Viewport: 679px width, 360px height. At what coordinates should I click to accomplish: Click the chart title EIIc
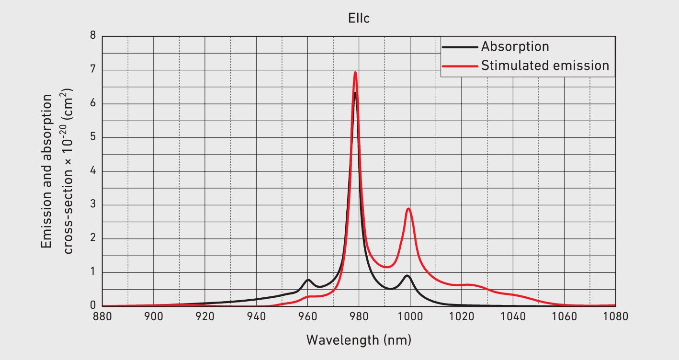tap(359, 19)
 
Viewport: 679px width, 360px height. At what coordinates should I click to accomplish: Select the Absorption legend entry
tap(515, 46)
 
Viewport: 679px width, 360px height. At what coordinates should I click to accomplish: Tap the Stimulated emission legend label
tap(545, 65)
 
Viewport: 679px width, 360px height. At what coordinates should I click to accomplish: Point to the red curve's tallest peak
tap(355, 72)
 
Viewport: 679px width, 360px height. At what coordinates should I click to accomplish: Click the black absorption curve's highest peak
tap(355, 92)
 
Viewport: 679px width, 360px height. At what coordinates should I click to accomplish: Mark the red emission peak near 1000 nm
tap(408, 208)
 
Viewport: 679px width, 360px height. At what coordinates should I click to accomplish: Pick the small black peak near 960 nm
tap(308, 280)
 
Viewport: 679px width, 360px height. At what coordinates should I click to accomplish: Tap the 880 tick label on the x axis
tap(102, 317)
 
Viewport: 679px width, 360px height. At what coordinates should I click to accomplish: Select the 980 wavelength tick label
tap(359, 317)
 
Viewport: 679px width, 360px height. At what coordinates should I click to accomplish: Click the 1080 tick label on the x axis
tap(615, 317)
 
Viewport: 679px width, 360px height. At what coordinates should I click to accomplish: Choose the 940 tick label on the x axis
tap(256, 317)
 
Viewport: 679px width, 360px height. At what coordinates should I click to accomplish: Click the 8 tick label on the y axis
tap(93, 36)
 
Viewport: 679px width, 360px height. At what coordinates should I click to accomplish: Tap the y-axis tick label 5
tap(93, 137)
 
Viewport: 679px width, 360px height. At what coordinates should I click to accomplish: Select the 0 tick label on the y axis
tap(93, 306)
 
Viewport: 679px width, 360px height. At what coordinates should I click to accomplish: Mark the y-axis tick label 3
tap(93, 205)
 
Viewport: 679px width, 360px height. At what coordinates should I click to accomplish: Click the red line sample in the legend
tap(460, 66)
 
